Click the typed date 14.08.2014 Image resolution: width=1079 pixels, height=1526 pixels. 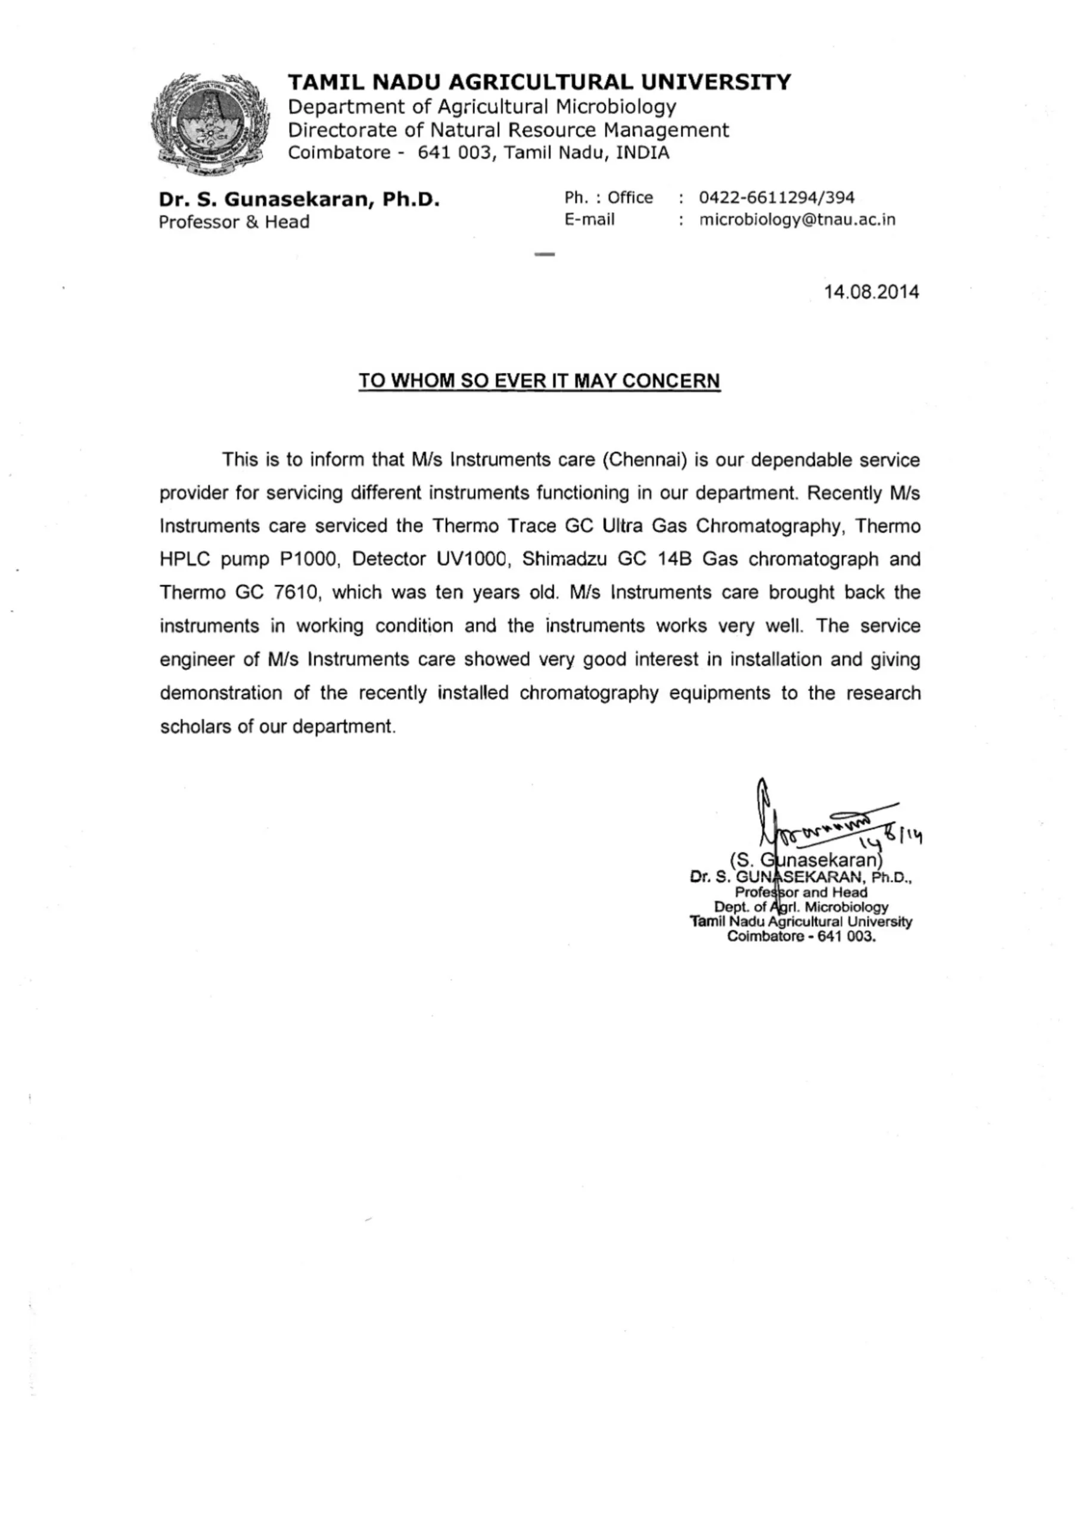(x=871, y=291)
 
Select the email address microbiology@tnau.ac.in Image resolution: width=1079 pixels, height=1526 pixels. (x=797, y=220)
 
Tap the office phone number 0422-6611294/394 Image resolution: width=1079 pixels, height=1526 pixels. (x=776, y=197)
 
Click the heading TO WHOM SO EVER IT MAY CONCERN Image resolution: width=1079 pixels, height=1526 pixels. (x=539, y=381)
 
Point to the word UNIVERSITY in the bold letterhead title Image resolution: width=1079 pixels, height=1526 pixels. (x=716, y=82)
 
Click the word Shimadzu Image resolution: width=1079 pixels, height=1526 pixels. (x=564, y=559)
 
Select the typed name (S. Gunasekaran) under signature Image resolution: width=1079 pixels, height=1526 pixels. (x=806, y=861)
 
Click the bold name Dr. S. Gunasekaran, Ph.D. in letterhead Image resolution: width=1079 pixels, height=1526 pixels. (x=299, y=199)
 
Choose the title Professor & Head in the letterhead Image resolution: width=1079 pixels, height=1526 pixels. (x=234, y=222)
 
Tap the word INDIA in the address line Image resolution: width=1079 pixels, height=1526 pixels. (x=642, y=153)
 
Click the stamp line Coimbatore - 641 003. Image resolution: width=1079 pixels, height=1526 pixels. (x=801, y=936)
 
